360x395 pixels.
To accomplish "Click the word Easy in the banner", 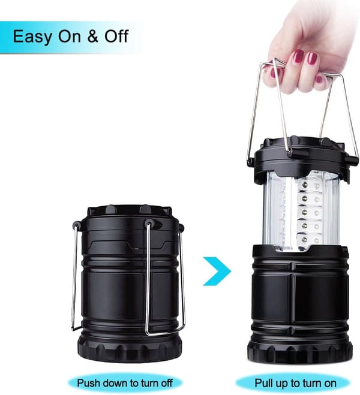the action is click(x=32, y=37).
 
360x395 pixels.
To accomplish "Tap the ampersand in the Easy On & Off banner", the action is click(x=92, y=36).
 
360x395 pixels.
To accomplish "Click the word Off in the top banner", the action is click(x=116, y=36).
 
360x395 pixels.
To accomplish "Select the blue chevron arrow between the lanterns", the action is click(x=217, y=272).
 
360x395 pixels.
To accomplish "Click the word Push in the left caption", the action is click(x=88, y=383).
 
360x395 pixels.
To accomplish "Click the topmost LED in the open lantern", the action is click(x=305, y=185).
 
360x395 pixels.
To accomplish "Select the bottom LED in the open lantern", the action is click(x=304, y=239).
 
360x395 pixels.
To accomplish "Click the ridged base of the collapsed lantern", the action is click(x=130, y=348).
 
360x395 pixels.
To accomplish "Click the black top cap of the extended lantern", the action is click(x=302, y=158).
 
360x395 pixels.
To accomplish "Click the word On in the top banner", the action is click(x=70, y=37).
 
